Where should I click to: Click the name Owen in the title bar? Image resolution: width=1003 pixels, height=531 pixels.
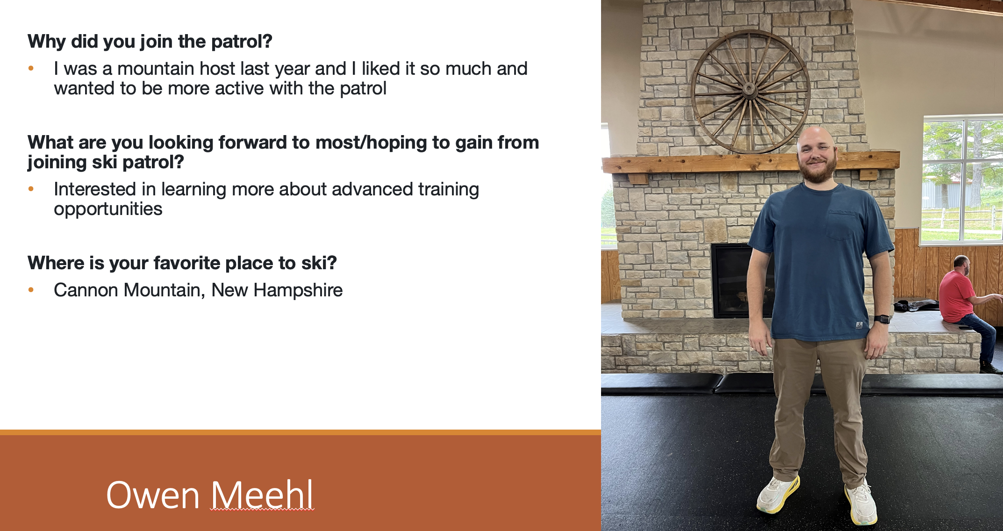pos(153,495)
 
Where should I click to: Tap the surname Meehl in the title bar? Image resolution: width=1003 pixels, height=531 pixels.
pos(262,495)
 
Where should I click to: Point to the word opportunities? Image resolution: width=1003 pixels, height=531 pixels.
pos(108,209)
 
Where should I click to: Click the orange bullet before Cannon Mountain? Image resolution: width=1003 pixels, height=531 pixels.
pos(31,290)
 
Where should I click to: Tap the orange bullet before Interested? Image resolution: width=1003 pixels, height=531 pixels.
pos(31,189)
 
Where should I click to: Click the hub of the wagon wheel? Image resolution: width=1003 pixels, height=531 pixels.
pos(750,89)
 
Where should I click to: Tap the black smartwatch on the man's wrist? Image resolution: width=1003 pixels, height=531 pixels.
pos(882,319)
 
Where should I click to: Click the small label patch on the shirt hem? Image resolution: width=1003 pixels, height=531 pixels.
pos(859,325)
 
